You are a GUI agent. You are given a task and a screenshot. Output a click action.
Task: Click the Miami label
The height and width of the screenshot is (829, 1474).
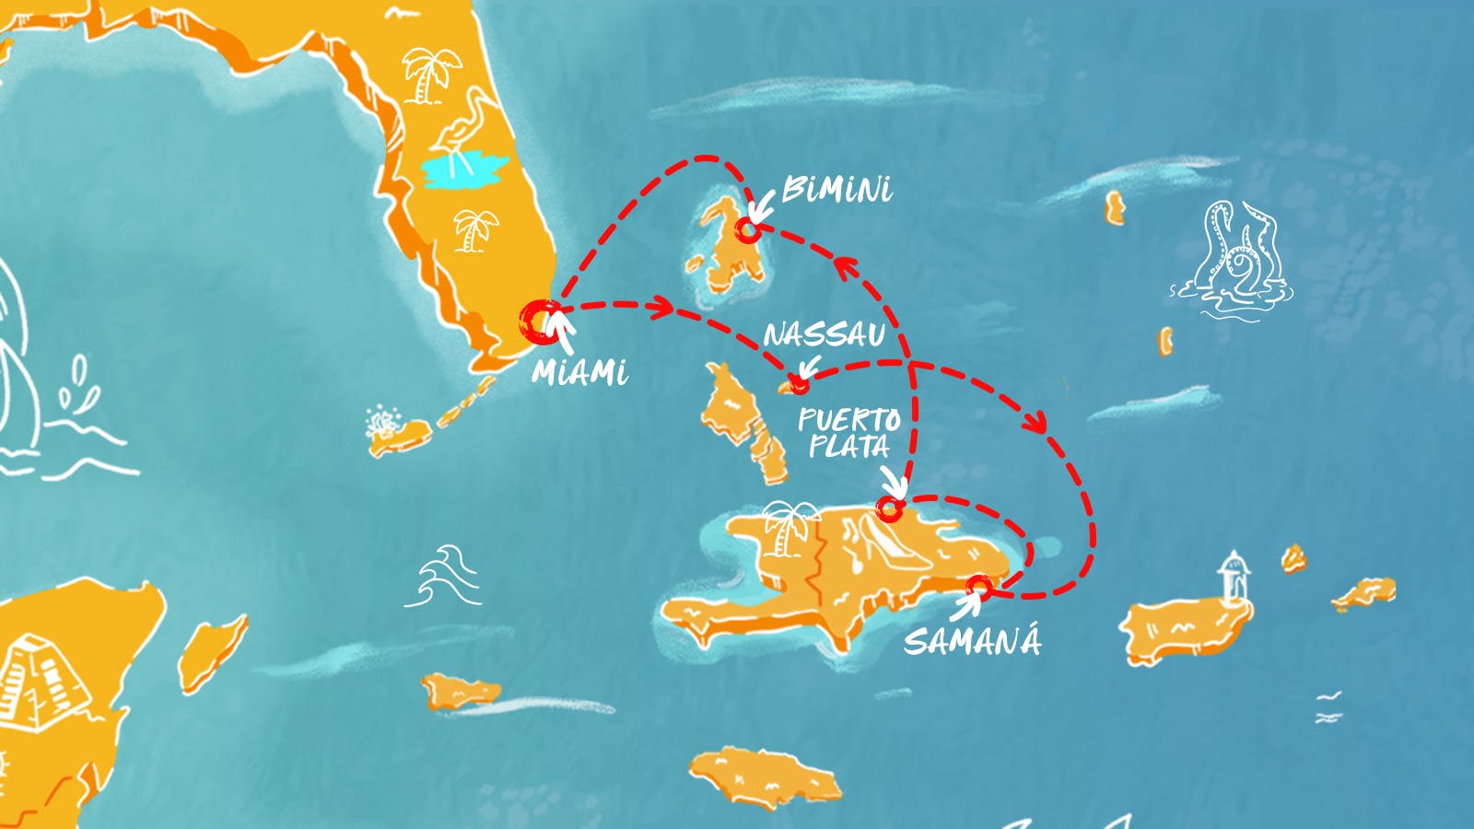coord(580,372)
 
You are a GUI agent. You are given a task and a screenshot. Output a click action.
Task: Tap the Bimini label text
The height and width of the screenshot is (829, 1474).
coord(836,190)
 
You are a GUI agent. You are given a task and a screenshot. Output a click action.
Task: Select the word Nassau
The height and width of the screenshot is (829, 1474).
coord(824,334)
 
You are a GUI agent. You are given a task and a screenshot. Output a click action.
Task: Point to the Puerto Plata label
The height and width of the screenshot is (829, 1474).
coord(848,433)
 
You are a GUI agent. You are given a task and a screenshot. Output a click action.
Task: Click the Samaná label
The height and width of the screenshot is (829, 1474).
coord(972,640)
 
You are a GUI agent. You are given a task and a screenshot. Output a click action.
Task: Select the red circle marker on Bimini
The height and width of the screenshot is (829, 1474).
coord(748,229)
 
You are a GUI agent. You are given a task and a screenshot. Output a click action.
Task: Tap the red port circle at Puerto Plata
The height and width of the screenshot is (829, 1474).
coord(888,508)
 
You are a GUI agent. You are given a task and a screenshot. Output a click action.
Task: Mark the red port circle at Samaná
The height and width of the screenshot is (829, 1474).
coord(979,586)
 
